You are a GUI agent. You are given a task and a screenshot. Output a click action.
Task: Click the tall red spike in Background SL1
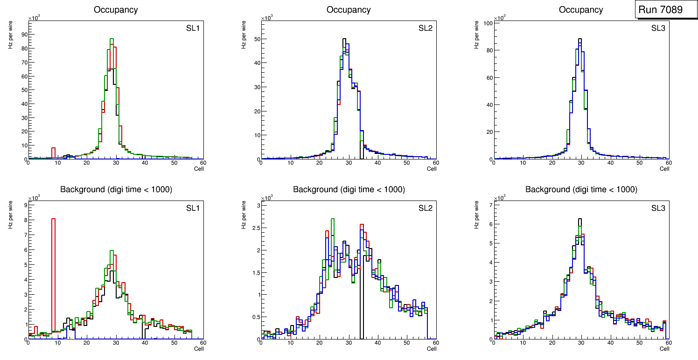click(x=53, y=261)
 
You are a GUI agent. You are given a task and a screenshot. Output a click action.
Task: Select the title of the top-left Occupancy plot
click(x=116, y=10)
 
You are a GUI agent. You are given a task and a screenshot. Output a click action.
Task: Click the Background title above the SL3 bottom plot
click(x=581, y=189)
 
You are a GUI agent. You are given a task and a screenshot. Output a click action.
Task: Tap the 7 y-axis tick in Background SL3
click(x=490, y=205)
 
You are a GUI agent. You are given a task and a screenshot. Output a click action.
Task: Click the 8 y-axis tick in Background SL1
click(x=25, y=220)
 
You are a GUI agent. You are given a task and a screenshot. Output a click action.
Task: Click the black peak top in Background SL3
click(x=579, y=219)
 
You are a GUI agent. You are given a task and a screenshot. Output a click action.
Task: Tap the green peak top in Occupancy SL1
click(x=112, y=39)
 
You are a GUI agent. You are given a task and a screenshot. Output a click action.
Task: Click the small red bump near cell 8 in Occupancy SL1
click(x=53, y=149)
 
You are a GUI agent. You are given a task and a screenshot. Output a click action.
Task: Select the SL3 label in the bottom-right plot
click(x=658, y=208)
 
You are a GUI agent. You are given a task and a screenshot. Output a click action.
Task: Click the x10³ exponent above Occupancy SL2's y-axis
click(x=266, y=18)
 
